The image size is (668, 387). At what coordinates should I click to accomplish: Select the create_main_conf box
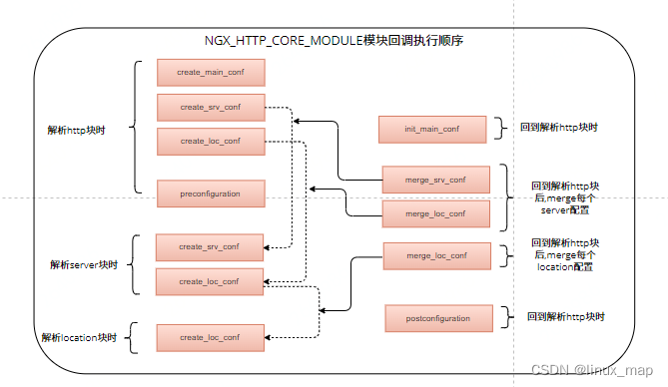tap(210, 73)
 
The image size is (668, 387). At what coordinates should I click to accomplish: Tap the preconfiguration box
tap(210, 192)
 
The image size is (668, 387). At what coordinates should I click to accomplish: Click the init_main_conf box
tap(431, 129)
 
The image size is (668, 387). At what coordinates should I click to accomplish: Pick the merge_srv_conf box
tap(435, 180)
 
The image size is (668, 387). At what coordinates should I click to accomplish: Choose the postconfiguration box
tap(440, 318)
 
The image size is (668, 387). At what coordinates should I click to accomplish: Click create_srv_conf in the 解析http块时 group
tap(210, 108)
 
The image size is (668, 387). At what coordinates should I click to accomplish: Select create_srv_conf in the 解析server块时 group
tap(210, 246)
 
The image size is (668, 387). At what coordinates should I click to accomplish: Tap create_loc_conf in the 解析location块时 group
tap(210, 338)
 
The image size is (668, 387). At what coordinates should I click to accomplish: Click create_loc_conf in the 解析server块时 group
tap(210, 281)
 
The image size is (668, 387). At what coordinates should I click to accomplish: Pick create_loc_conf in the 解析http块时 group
tap(210, 142)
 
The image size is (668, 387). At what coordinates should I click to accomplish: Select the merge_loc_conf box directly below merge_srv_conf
tap(435, 214)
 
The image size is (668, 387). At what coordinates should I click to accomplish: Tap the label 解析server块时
tap(84, 265)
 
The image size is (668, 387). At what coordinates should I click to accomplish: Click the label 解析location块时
tap(79, 338)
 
